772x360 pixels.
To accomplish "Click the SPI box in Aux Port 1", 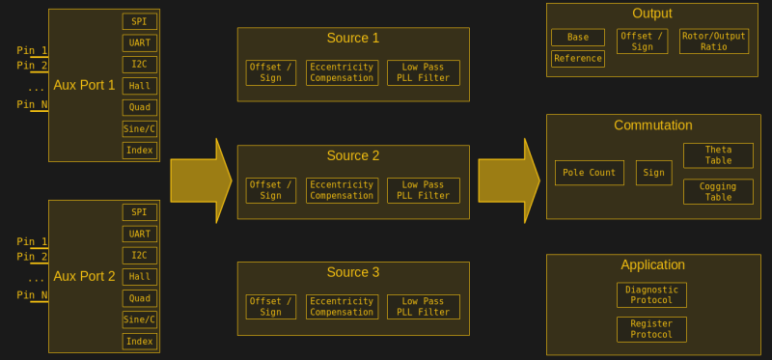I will [139, 21].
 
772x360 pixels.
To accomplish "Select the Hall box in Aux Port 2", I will [139, 276].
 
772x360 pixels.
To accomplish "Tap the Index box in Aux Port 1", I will [139, 150].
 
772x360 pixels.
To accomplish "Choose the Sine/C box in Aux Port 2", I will [139, 319].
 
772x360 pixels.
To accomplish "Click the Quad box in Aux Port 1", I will [139, 107].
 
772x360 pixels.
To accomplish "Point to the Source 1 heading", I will [352, 39].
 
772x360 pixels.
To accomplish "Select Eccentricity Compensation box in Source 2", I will [342, 190].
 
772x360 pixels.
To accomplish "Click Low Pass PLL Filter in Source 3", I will [423, 307].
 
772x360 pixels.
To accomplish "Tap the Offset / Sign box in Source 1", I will [270, 72].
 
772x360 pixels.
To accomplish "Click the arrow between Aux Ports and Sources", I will [201, 180].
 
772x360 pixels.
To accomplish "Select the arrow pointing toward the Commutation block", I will [509, 180].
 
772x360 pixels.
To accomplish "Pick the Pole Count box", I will [589, 173].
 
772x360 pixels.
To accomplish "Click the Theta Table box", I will [718, 155].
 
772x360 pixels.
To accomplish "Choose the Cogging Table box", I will [718, 191].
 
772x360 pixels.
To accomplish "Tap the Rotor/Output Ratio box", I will [713, 42].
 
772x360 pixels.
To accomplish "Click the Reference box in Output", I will [577, 59].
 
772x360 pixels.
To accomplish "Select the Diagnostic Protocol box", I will [651, 295].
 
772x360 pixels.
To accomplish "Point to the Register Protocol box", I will [651, 329].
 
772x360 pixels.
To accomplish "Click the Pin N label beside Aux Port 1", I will [32, 104].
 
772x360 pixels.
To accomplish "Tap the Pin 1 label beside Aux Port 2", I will [32, 241].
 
